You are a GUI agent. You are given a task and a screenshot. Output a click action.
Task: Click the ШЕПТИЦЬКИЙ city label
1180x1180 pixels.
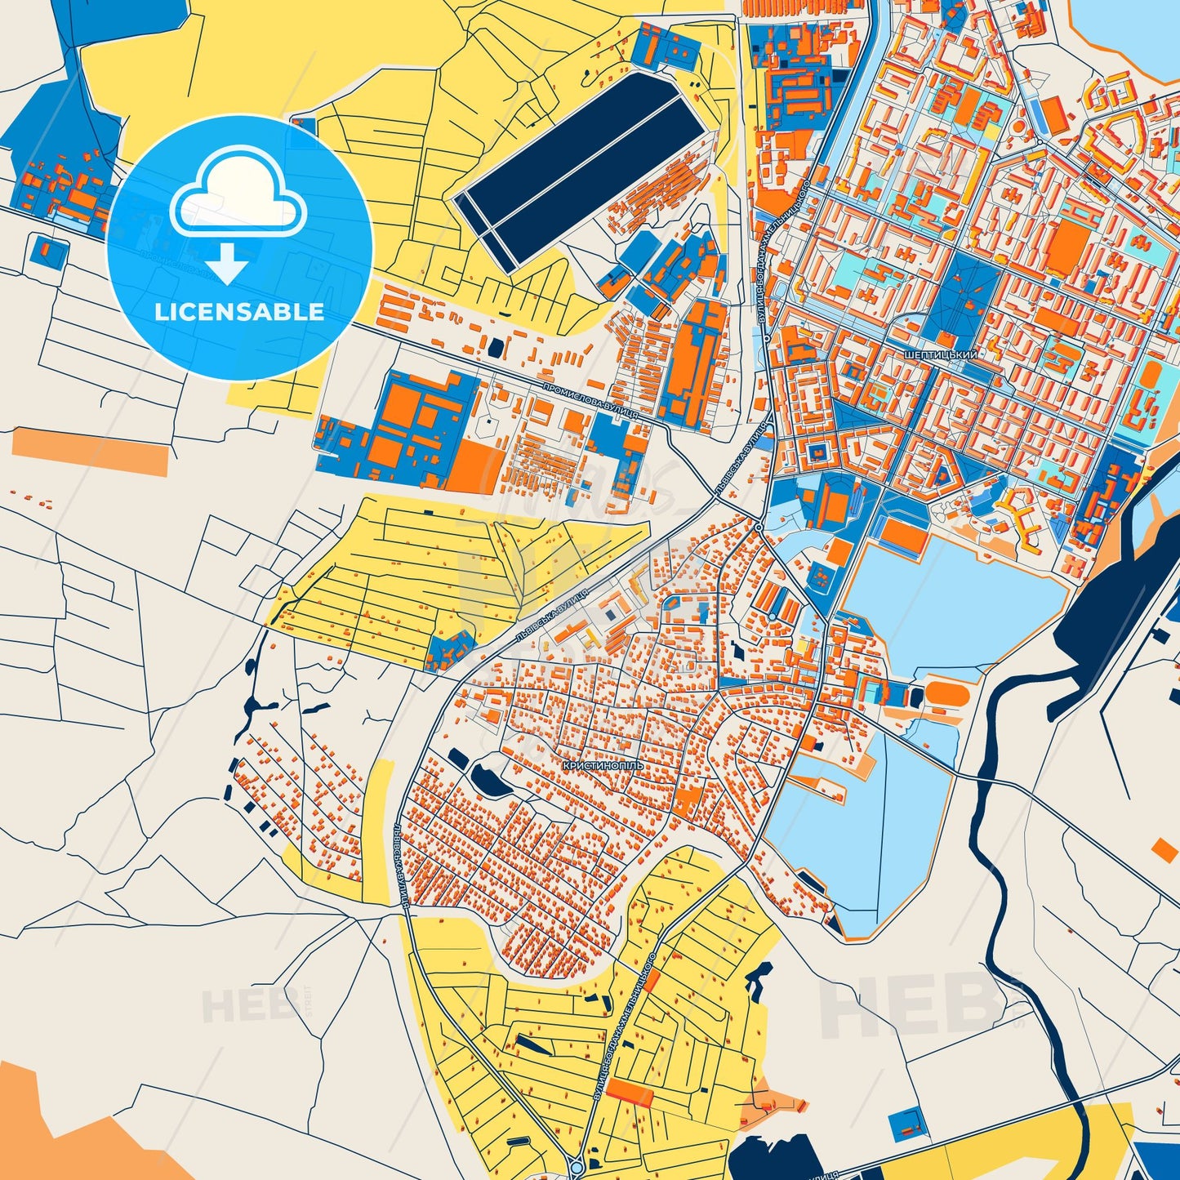(x=941, y=355)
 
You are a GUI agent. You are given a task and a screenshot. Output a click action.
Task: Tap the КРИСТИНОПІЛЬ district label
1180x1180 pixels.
(x=603, y=765)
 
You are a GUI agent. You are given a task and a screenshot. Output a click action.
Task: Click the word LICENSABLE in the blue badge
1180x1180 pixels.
(x=239, y=311)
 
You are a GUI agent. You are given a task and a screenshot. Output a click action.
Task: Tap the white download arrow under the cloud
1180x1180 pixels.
(x=228, y=264)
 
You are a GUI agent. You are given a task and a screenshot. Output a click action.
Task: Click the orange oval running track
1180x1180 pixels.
(x=946, y=695)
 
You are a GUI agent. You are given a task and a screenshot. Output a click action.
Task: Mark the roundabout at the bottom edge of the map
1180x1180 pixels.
(x=577, y=1170)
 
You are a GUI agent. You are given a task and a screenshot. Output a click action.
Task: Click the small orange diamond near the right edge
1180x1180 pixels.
(x=1165, y=849)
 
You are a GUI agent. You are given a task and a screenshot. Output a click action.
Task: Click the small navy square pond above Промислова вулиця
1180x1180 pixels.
(x=495, y=346)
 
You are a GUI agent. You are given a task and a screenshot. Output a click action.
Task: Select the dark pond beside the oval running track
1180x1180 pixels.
(x=915, y=697)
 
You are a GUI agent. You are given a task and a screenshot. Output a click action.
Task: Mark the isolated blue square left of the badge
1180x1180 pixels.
(x=49, y=250)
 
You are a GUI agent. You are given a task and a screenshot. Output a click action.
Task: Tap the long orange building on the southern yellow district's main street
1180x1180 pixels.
(x=630, y=1093)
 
